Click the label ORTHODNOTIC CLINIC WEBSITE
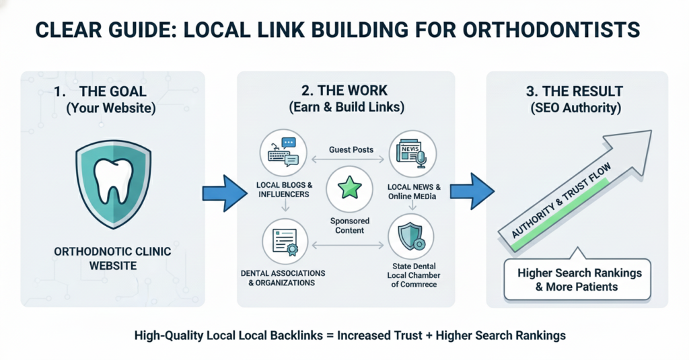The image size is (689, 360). coord(112,258)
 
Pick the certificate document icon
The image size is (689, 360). coord(285,240)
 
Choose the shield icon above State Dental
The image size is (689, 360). coord(411,238)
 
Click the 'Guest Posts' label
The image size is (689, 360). coord(350,149)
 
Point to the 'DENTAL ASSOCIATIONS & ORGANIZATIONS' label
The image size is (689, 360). coord(282,278)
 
